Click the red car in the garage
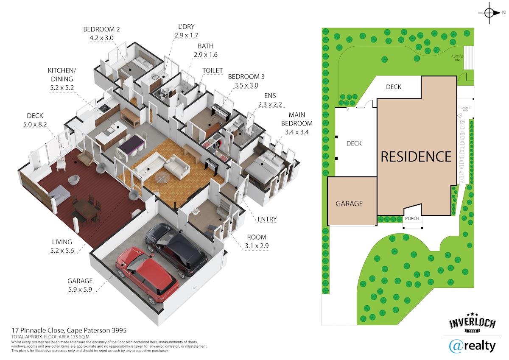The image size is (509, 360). coord(147,275)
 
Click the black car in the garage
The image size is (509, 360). coord(176,249)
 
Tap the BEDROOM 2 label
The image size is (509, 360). coord(101,29)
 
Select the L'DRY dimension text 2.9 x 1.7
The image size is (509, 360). coord(186,36)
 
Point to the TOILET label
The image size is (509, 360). coord(213,70)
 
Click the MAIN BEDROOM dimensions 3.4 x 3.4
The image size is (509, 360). coord(297,132)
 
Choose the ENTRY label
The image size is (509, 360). coord(267,219)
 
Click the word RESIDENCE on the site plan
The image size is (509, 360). coord(416,156)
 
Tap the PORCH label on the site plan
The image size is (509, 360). coord(412,218)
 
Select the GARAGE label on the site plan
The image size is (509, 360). coord(349,204)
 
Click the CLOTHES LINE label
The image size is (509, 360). coord(457,58)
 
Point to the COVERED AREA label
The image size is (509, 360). coord(465,109)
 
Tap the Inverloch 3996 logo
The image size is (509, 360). coord(473,324)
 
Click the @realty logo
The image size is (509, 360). coord(472,346)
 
